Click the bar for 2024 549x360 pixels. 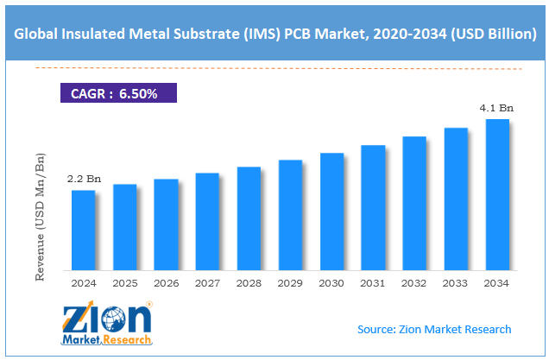coord(83,229)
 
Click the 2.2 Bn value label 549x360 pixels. coord(84,179)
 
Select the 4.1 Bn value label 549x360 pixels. coord(498,108)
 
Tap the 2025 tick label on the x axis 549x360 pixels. coord(124,282)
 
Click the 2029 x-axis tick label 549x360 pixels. coord(290,282)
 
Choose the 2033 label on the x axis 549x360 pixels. coord(456,282)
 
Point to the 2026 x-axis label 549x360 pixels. coord(166,282)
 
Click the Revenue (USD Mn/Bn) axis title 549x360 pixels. coord(39,216)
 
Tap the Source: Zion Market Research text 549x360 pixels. coord(434,329)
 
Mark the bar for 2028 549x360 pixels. coord(249,217)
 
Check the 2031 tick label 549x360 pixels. coord(373,282)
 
